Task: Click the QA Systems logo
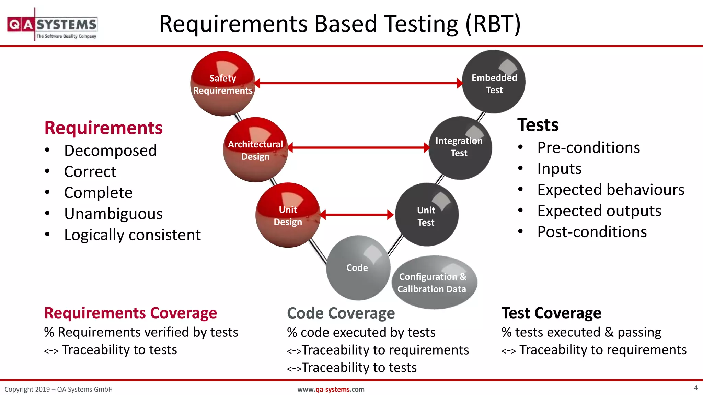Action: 52,25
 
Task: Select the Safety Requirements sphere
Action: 223,84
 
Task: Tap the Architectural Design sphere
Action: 255,150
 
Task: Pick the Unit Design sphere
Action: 288,215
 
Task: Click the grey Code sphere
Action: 357,268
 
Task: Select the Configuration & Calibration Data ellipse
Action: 434,283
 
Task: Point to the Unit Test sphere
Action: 426,215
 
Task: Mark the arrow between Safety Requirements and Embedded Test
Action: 358,83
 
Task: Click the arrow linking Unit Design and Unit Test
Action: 357,215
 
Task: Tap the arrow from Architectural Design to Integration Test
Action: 358,148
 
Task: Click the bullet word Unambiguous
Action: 113,214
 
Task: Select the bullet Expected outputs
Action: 599,211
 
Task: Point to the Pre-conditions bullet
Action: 588,148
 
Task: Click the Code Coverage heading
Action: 341,313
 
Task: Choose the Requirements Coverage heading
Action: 130,313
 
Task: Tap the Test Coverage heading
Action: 551,313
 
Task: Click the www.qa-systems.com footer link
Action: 331,389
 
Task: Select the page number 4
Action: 696,388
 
